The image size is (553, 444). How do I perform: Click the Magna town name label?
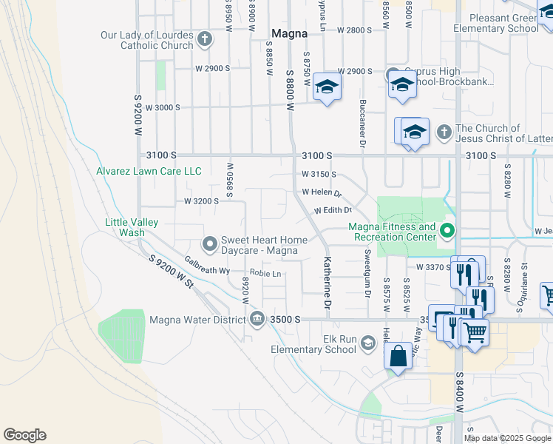pos(289,33)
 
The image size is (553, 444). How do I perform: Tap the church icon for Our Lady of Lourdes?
pos(205,40)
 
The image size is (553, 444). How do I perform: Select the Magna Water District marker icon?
pos(257,319)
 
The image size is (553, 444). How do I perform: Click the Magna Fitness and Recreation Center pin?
pos(446,232)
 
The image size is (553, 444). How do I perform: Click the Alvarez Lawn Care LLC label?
pos(149,171)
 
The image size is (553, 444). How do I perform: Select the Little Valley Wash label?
pos(132,226)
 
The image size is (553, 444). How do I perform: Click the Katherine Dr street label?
pos(326,283)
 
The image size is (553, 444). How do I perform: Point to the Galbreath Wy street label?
pos(207,264)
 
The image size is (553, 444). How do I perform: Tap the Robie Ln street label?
pos(266,274)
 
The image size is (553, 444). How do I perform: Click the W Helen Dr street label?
pos(322,192)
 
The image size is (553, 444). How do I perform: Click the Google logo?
pos(24,435)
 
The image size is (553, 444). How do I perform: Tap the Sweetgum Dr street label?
pos(367,273)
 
